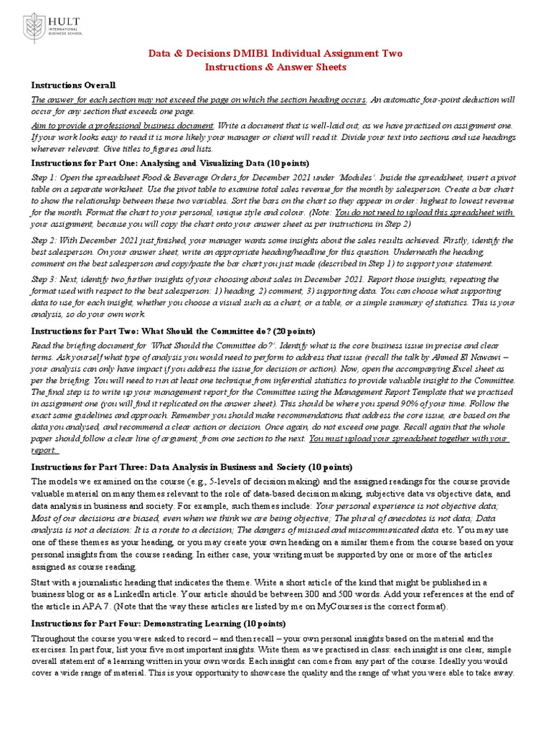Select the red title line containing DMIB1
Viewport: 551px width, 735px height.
coord(275,54)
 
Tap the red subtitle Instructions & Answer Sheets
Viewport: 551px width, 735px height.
coord(275,67)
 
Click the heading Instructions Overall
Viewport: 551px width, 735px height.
coord(72,85)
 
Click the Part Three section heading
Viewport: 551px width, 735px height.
coord(192,467)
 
